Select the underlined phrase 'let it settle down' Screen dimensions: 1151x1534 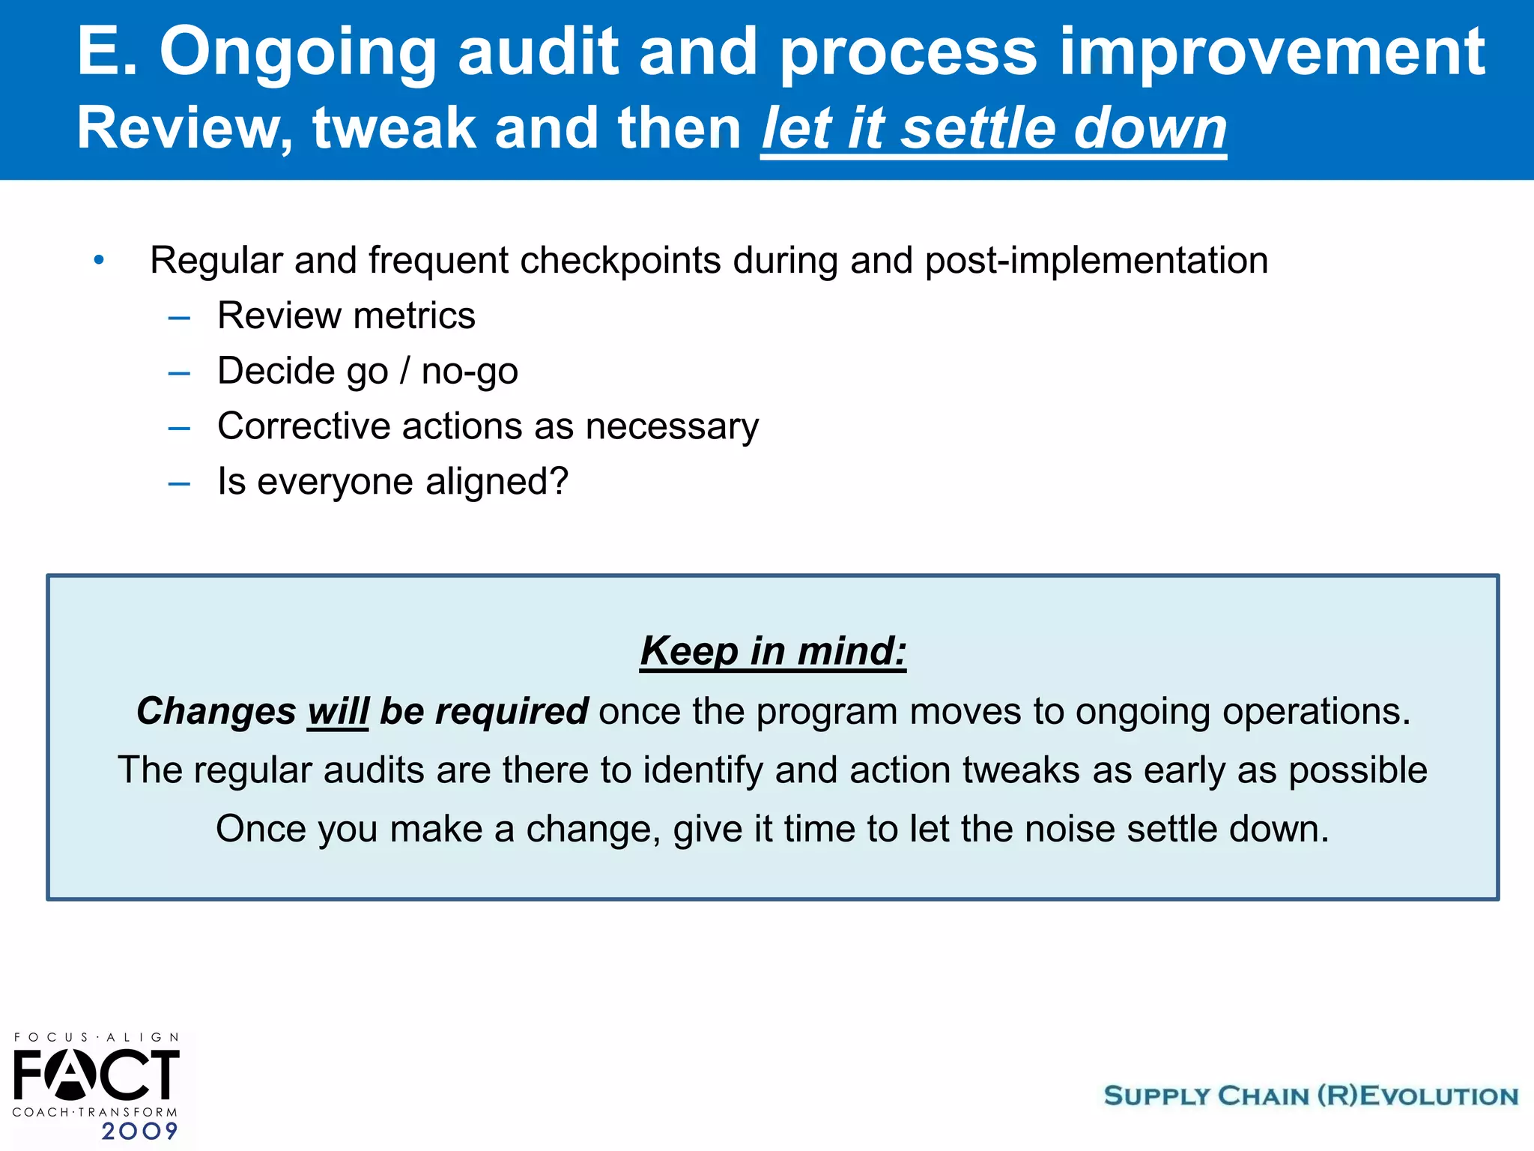click(x=993, y=129)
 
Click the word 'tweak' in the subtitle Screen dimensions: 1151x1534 click(x=394, y=129)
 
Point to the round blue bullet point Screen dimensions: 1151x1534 click(x=99, y=261)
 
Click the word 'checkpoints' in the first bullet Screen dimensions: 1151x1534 click(x=620, y=261)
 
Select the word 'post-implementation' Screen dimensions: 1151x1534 click(x=1096, y=261)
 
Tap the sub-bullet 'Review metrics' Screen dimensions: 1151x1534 click(x=346, y=315)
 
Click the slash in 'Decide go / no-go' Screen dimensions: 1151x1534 click(x=404, y=371)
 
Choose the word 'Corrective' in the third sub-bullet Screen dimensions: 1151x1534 click(x=303, y=426)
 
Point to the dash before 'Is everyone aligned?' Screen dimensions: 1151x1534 click(x=179, y=484)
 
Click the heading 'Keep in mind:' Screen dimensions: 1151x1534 click(x=772, y=650)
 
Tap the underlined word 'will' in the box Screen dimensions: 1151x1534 click(x=338, y=711)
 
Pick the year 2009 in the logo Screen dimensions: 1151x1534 click(x=140, y=1131)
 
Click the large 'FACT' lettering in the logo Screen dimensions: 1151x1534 click(x=96, y=1074)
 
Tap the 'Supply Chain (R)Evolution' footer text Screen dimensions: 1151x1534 click(x=1310, y=1096)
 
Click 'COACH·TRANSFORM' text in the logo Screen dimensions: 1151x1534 click(x=95, y=1112)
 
